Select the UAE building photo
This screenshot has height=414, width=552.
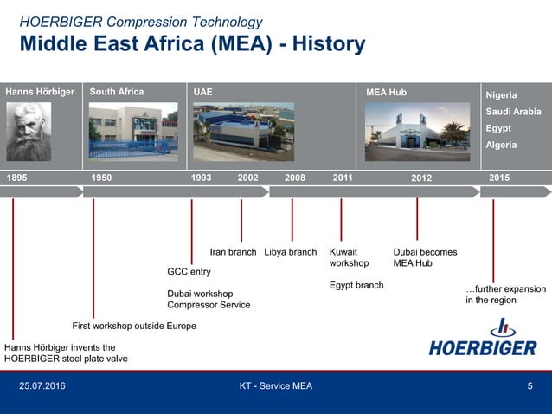pos(243,133)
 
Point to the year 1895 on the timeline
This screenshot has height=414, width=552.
pos(17,178)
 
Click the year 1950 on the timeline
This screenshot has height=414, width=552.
pos(101,178)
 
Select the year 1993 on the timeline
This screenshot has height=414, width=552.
pos(201,178)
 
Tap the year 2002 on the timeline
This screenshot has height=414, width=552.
pos(248,178)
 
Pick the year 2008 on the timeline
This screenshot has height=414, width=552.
pos(295,178)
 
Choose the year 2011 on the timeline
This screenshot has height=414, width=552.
pos(343,178)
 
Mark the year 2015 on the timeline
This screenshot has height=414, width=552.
pos(499,178)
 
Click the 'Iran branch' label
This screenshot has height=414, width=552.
pos(233,253)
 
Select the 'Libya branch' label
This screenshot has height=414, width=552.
pos(290,253)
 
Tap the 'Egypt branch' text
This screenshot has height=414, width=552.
pos(356,286)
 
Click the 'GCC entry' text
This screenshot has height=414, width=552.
pos(189,272)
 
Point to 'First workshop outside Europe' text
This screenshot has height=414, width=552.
pos(133,326)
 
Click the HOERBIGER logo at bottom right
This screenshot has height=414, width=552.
pos(483,339)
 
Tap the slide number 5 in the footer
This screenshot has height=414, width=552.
pos(530,385)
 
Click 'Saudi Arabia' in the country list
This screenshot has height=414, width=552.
pos(513,112)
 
